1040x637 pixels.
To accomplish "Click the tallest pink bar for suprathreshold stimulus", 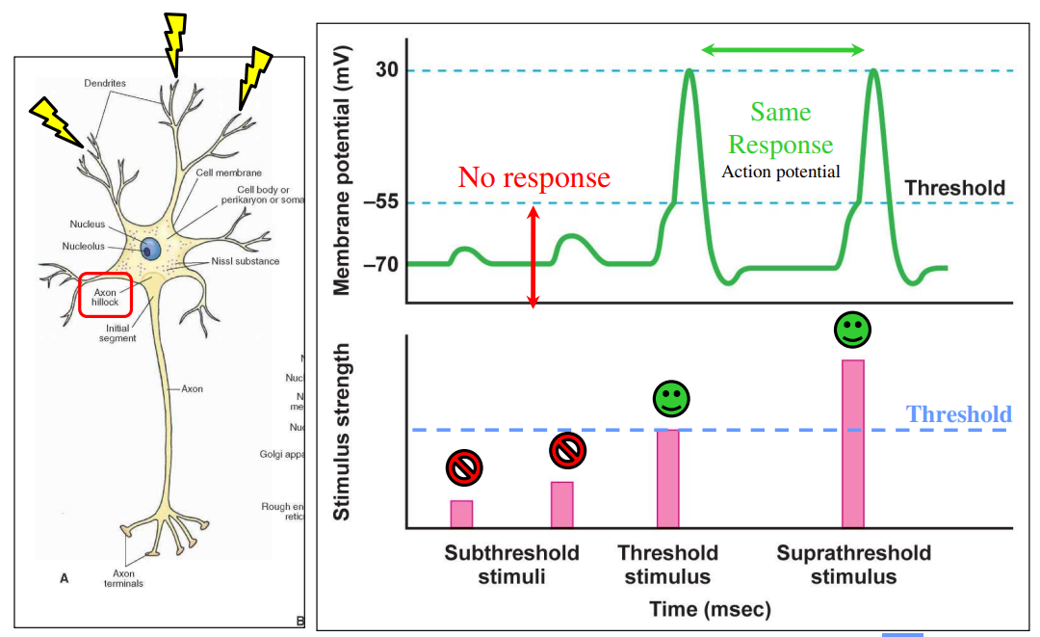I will coord(853,443).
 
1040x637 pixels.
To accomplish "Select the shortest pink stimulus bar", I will coord(461,514).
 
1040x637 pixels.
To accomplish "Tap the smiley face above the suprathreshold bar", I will coord(852,330).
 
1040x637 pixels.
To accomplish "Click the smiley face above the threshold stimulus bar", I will coord(671,399).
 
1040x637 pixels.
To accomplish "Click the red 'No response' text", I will coord(533,177).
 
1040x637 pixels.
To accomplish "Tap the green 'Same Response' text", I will coord(780,128).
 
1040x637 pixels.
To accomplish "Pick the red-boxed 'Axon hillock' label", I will coord(106,295).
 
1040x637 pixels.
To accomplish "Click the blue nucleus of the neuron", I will coord(151,249).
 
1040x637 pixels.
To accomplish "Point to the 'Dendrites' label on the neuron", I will coord(105,83).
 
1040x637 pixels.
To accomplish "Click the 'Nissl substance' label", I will coord(245,261).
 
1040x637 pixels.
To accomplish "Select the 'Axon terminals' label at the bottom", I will coord(122,577).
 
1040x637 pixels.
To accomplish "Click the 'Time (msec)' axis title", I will coord(710,609).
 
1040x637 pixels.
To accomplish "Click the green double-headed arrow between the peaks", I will coord(782,49).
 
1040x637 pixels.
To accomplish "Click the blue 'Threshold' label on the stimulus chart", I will coord(958,414).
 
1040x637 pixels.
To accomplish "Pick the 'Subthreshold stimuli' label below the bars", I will coord(511,565).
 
